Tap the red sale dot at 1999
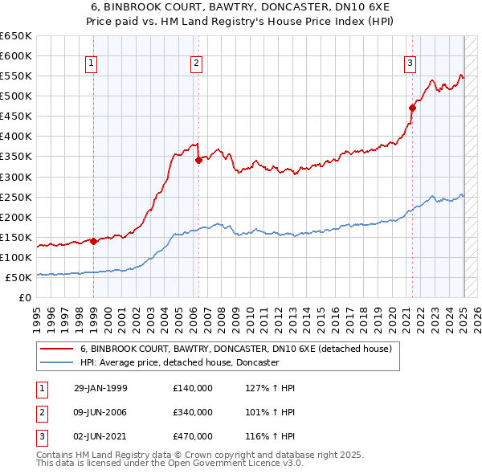coord(93,240)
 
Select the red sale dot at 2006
coord(198,160)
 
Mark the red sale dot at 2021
coord(412,107)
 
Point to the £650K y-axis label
coord(16,36)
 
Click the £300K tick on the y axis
coord(16,177)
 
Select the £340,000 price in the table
coord(193,412)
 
